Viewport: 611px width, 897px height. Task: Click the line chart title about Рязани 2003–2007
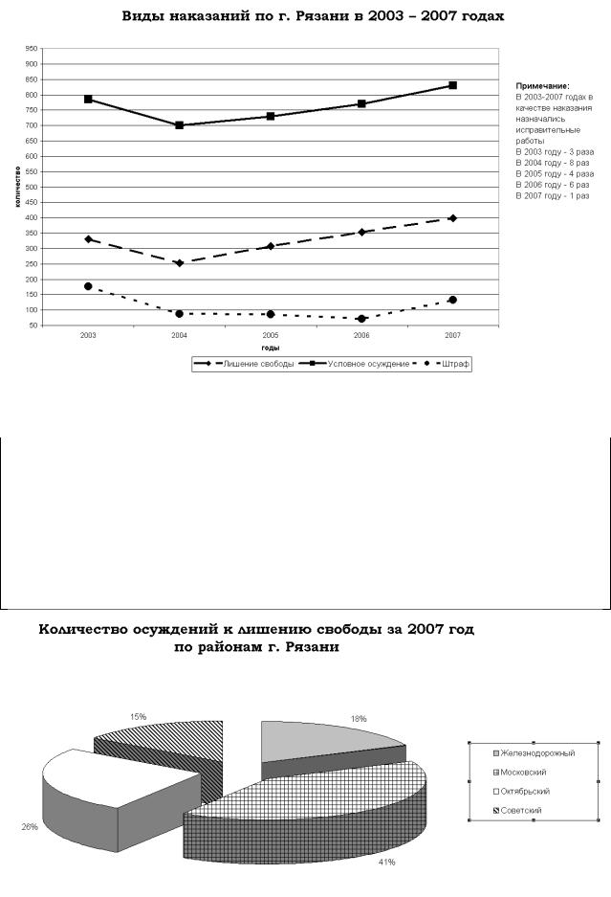[x=313, y=16]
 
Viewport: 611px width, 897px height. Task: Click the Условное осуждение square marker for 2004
[x=179, y=125]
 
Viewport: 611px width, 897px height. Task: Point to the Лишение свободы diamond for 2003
[x=88, y=239]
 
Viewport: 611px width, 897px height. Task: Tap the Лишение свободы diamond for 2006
[x=361, y=232]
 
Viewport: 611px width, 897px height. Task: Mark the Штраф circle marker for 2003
[x=88, y=286]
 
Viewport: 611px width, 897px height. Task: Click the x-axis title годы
[x=271, y=348]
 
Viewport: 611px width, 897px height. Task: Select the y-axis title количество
[x=18, y=187]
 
